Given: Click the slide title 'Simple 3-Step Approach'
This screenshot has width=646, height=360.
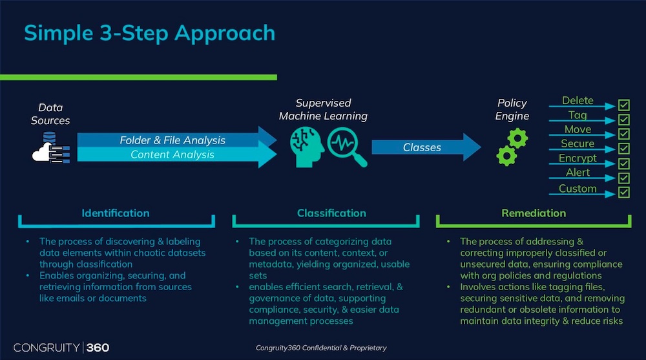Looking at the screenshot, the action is (x=150, y=34).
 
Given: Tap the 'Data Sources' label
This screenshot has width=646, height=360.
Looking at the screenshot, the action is (x=50, y=114).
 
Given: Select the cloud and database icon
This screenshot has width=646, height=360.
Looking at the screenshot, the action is (x=51, y=147).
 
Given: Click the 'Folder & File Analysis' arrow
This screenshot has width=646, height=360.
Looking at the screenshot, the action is (x=176, y=140).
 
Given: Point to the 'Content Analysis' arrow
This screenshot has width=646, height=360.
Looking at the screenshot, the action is (x=176, y=155).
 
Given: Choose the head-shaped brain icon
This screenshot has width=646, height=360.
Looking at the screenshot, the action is (x=306, y=147).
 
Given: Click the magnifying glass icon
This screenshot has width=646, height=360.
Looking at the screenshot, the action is (x=347, y=147).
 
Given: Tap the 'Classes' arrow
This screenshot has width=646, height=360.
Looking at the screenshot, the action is (x=426, y=147).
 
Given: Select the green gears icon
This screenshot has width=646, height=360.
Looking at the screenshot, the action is (x=512, y=147).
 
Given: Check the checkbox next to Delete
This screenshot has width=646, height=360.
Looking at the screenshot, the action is (x=624, y=105).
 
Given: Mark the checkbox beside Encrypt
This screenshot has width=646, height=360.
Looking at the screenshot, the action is (x=624, y=164).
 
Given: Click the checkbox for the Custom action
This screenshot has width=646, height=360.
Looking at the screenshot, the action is (x=624, y=192).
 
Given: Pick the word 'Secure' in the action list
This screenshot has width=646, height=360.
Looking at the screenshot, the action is (x=578, y=143).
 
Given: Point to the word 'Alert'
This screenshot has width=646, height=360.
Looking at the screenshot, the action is (x=578, y=173).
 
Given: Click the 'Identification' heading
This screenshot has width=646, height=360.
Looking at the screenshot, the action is (x=116, y=213).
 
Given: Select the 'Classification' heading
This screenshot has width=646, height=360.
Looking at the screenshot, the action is (x=331, y=213).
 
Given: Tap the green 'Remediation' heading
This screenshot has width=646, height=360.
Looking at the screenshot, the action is (x=534, y=213).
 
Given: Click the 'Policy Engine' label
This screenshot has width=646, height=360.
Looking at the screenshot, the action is (x=512, y=109).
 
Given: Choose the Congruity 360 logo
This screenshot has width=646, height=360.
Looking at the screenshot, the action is (x=61, y=348).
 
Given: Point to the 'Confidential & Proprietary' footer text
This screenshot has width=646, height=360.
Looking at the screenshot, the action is (x=344, y=348).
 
